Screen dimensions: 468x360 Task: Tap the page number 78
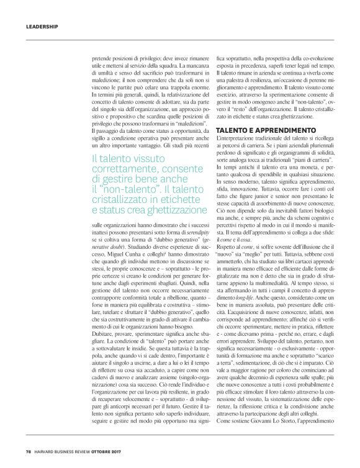click(x=29, y=451)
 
